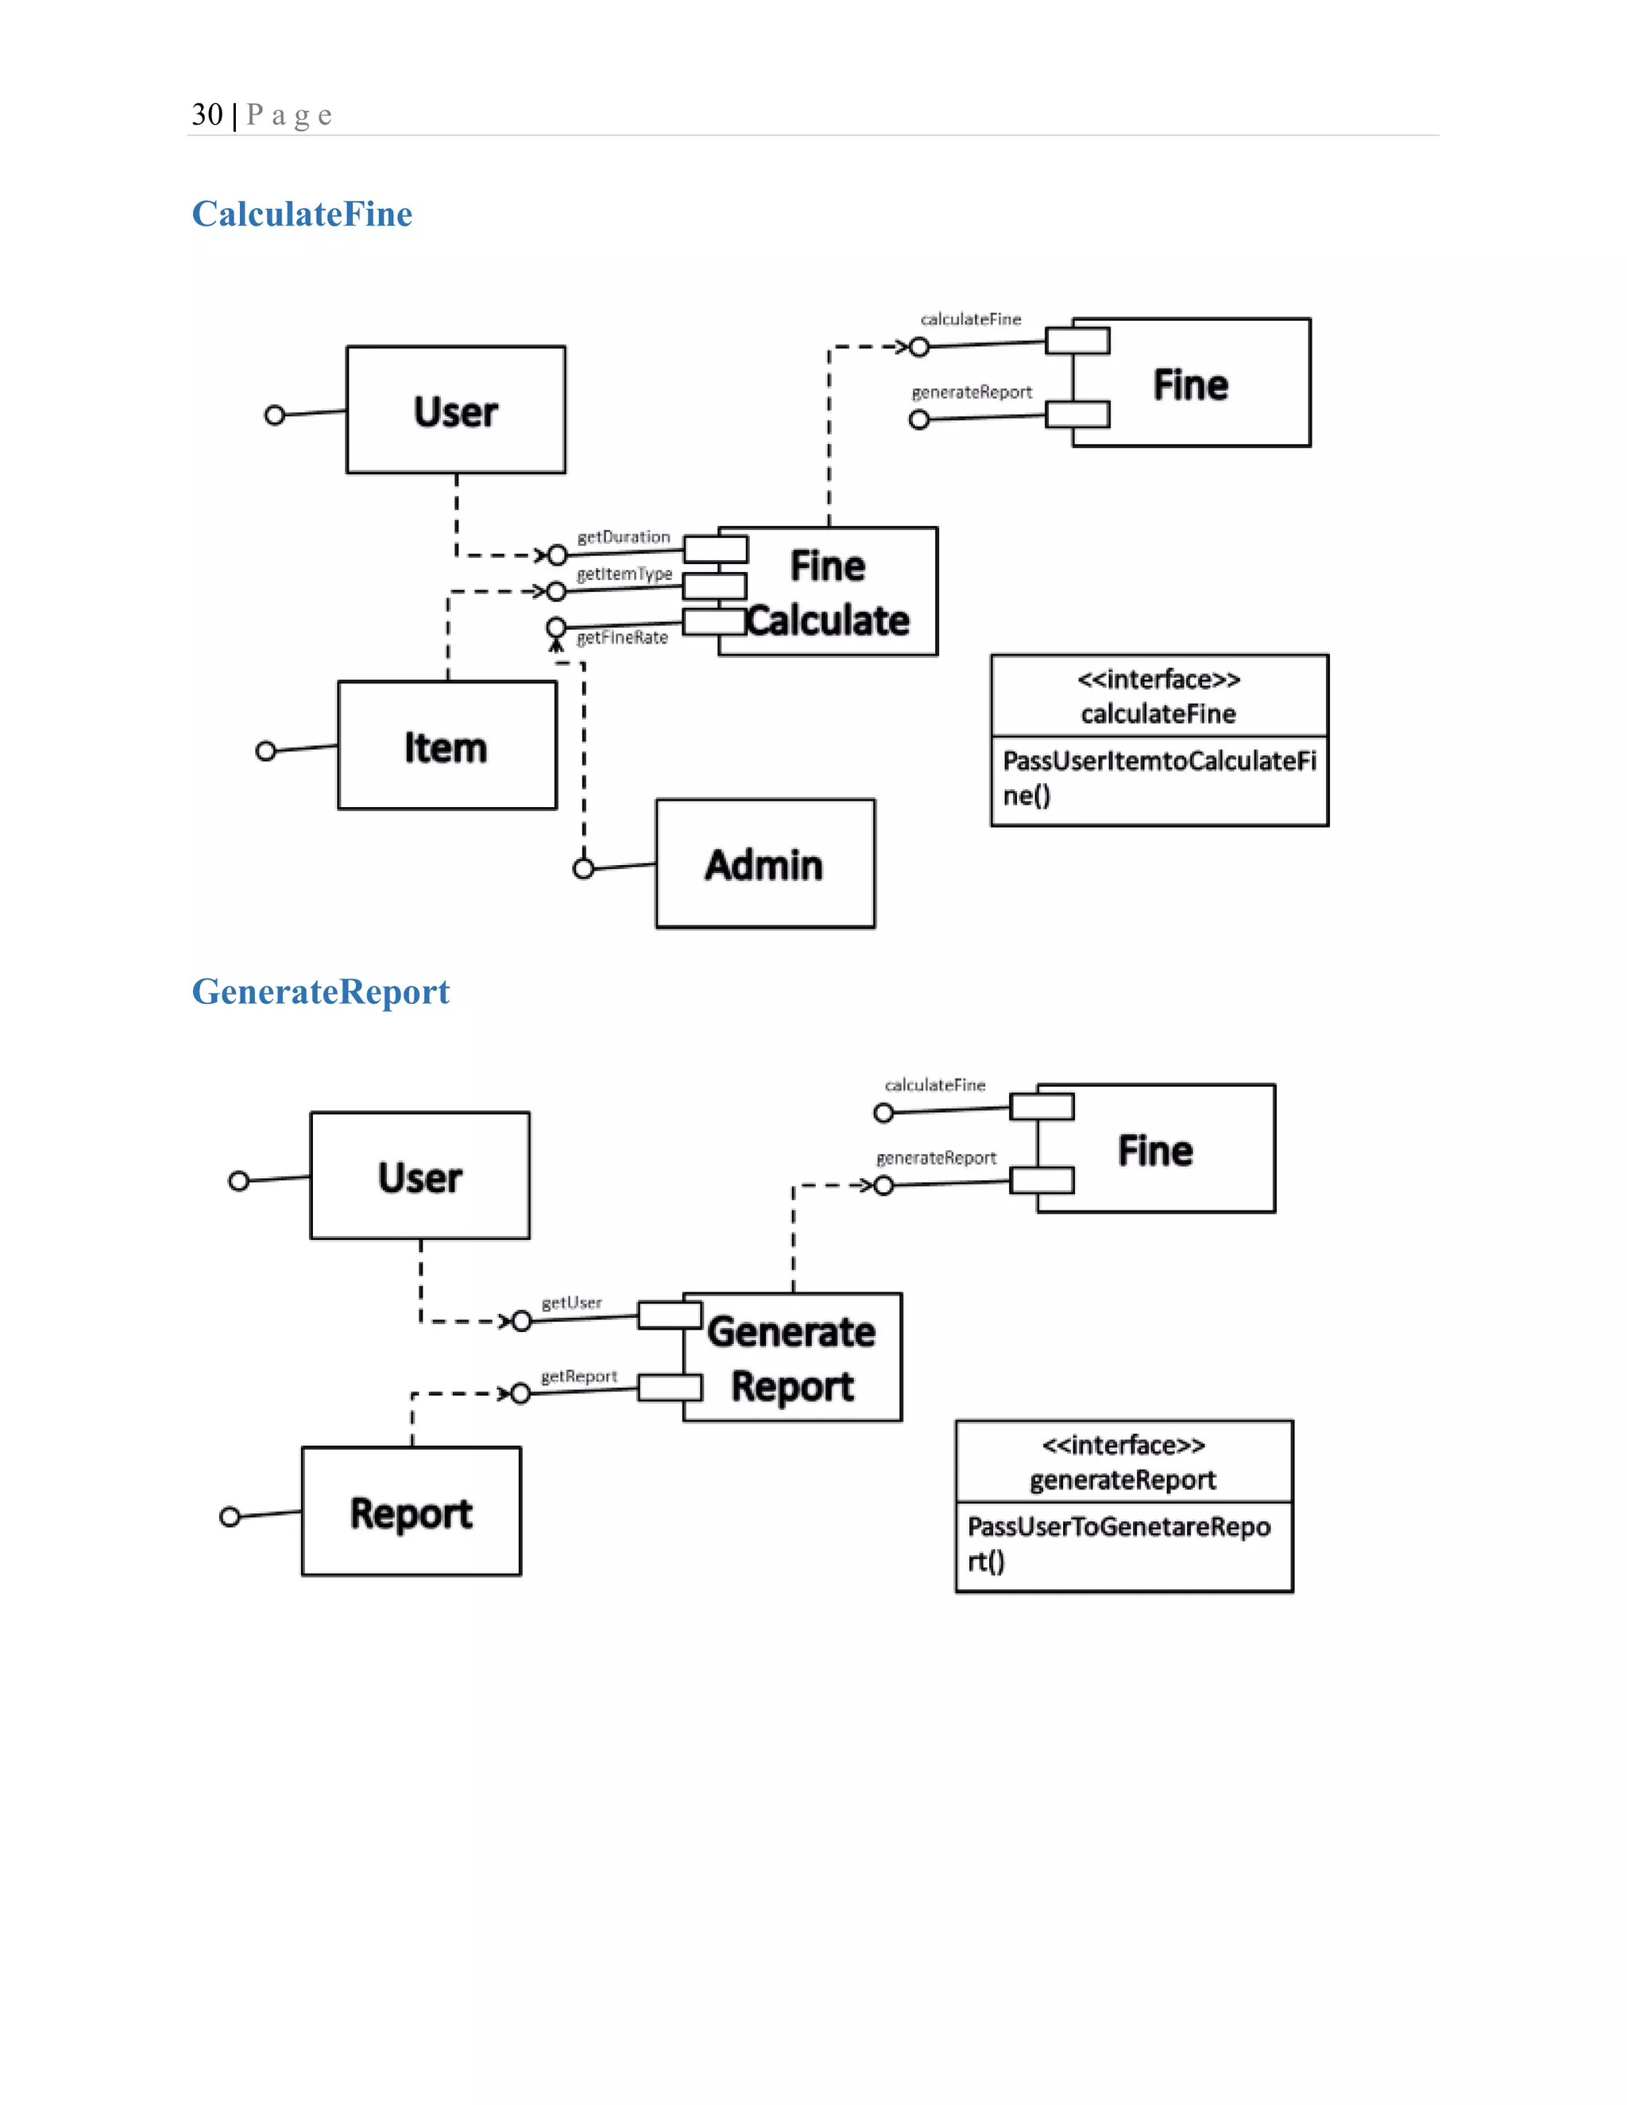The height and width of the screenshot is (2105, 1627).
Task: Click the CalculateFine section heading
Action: point(302,214)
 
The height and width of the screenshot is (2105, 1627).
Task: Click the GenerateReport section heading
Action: point(320,992)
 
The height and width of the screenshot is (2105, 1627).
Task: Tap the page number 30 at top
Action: point(207,114)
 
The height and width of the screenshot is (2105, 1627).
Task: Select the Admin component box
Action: point(765,863)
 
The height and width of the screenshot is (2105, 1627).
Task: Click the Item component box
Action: point(446,746)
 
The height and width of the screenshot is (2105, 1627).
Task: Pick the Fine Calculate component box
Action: point(828,592)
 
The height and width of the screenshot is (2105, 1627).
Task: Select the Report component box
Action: point(412,1512)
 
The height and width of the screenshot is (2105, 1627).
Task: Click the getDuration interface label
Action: point(623,537)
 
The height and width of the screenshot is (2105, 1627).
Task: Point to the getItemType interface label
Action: point(624,574)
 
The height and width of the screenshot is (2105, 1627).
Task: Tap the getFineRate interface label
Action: point(622,637)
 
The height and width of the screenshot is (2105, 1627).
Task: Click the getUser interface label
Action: point(571,1303)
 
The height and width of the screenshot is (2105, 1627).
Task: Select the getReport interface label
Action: point(578,1377)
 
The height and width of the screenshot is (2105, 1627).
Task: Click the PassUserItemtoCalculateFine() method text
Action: point(1158,778)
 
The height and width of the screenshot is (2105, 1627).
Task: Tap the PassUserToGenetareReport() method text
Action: point(1118,1543)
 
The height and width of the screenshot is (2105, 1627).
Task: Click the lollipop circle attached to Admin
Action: point(583,868)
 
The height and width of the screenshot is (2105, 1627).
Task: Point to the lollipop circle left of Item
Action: point(266,751)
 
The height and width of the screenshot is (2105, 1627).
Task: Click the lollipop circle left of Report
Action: point(230,1517)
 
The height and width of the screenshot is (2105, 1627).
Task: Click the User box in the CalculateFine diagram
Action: point(456,411)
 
